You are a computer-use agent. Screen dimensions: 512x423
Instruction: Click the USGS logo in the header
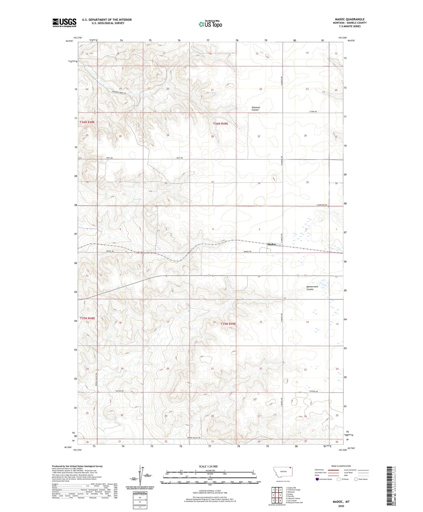64,23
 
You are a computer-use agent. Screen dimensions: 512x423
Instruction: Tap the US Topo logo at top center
210,24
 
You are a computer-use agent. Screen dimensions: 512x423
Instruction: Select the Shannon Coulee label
256,109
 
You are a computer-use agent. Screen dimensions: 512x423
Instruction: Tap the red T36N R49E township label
220,124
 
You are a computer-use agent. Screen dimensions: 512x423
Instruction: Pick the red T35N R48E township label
88,318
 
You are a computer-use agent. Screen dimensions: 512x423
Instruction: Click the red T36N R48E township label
88,122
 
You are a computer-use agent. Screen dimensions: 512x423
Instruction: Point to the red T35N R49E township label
228,324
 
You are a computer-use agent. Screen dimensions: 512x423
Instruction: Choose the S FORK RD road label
313,112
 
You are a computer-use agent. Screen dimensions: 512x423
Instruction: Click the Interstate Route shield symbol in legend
317,479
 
